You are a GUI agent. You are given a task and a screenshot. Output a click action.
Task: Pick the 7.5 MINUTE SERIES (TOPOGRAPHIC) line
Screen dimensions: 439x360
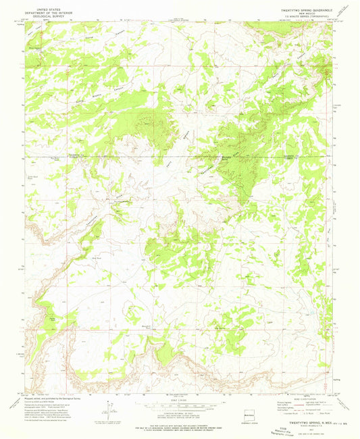pyautogui.click(x=301, y=18)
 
